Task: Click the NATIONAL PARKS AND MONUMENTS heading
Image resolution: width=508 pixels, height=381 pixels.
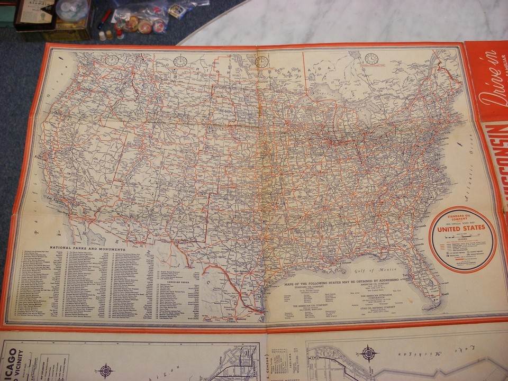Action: [x=87, y=248]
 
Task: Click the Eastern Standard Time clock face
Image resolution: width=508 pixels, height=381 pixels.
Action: [x=371, y=59]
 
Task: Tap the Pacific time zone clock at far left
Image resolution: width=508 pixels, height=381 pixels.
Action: [x=112, y=60]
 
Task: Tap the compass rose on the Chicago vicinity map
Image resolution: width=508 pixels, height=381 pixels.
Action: [x=106, y=369]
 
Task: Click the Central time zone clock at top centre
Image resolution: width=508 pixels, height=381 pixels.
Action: [x=261, y=62]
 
